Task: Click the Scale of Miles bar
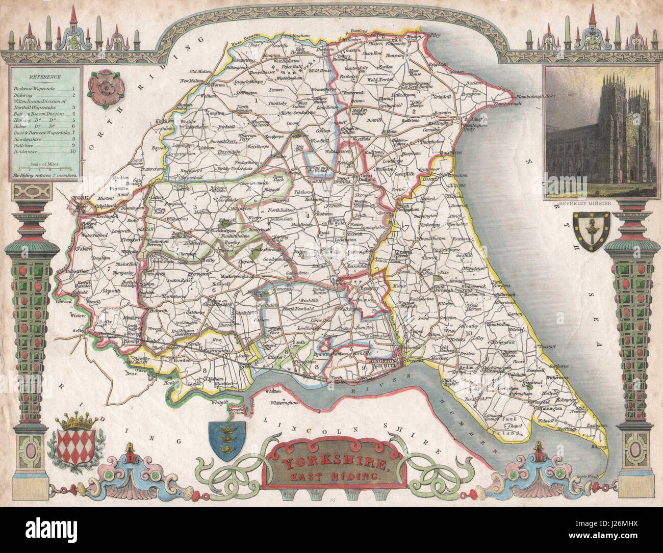(x=44, y=168)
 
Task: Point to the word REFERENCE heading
(x=44, y=77)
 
